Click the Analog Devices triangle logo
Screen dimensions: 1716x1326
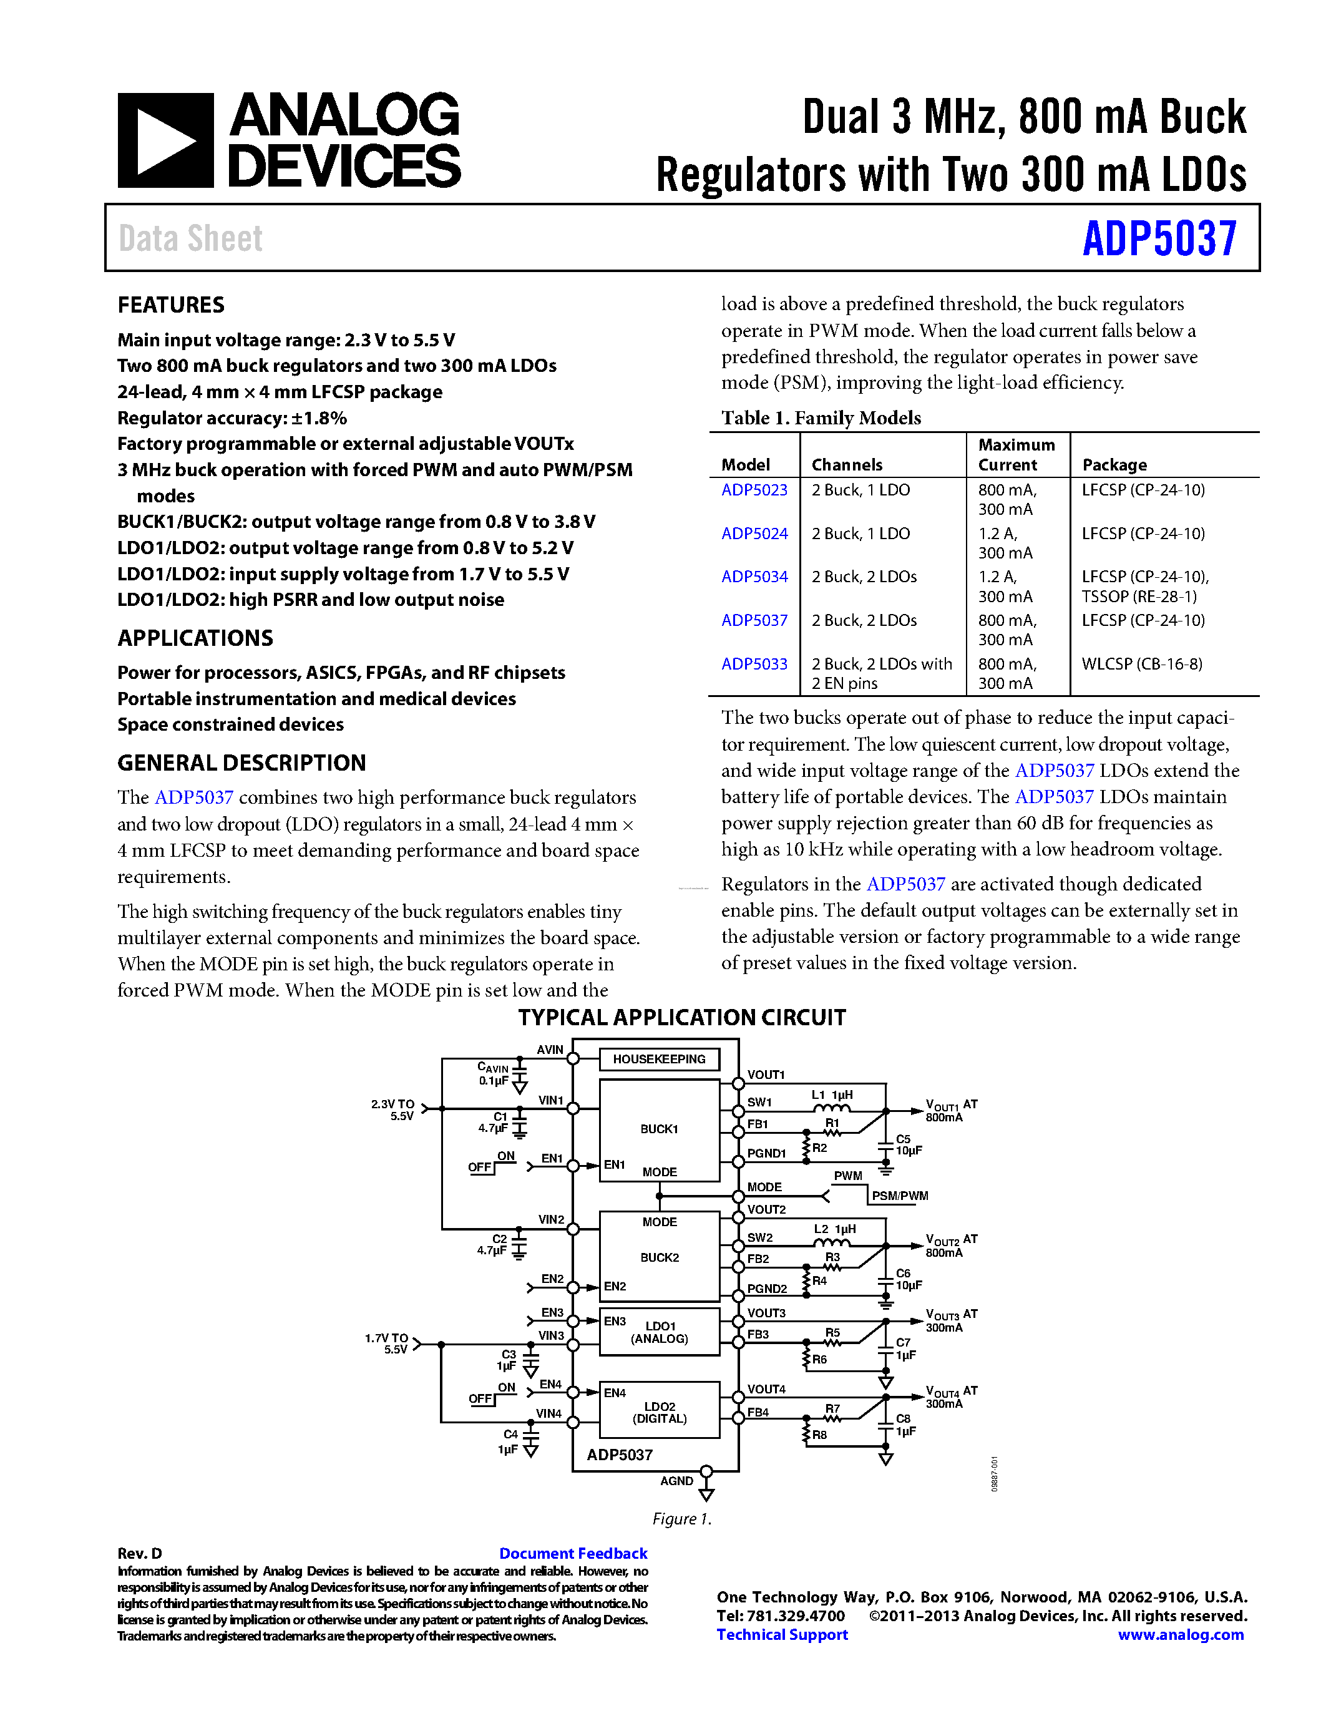pos(165,140)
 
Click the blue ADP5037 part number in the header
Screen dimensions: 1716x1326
pos(1159,239)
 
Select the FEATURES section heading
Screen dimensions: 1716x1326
pos(170,305)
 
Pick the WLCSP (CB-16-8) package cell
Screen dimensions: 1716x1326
pos(1141,664)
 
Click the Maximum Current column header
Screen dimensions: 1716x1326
pos(1016,455)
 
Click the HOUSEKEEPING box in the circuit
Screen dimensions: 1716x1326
pos(658,1059)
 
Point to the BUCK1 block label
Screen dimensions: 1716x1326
pos(658,1129)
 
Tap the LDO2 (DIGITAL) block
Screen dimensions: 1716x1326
pos(659,1413)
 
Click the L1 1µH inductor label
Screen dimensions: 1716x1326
pos(832,1094)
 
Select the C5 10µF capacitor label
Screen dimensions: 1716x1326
pos(908,1145)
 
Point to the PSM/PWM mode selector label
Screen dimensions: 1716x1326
pos(899,1196)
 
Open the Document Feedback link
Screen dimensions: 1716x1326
pos(573,1553)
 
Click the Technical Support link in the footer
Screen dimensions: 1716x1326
pos(782,1635)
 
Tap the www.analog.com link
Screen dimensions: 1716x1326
pos(1180,1635)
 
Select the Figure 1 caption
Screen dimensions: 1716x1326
pos(681,1519)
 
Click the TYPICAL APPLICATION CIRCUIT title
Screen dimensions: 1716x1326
pos(681,1018)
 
